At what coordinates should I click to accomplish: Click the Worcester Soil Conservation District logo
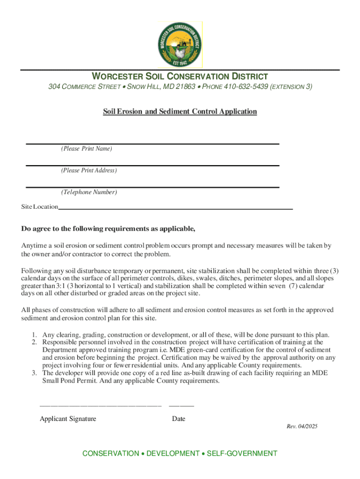[180, 44]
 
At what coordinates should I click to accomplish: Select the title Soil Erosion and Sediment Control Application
[180, 111]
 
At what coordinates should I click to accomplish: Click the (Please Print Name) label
[86, 149]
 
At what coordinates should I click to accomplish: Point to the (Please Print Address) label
[89, 170]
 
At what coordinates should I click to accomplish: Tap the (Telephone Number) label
[89, 192]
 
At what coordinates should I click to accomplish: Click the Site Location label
[40, 207]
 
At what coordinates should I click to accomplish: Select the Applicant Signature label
[68, 419]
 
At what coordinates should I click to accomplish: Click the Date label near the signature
[179, 419]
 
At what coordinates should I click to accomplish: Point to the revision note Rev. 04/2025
[302, 427]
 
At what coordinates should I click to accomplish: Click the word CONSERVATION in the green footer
[110, 454]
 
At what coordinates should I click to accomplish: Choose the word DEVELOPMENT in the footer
[173, 454]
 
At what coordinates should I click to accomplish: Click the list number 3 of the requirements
[34, 373]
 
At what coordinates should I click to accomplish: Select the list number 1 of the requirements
[34, 335]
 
